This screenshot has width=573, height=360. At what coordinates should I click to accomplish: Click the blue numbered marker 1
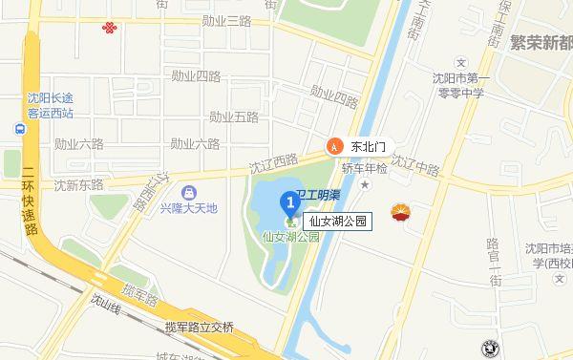pyautogui.click(x=292, y=202)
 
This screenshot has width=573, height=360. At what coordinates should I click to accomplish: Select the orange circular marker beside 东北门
pyautogui.click(x=334, y=146)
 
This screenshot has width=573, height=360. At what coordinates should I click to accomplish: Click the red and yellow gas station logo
pyautogui.click(x=398, y=214)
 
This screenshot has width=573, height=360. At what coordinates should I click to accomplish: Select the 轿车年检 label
pyautogui.click(x=365, y=168)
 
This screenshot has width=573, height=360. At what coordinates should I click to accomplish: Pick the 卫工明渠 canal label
pyautogui.click(x=317, y=195)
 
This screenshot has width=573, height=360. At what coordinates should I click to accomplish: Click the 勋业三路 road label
pyautogui.click(x=225, y=20)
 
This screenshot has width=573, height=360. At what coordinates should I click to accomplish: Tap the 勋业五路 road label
pyautogui.click(x=234, y=117)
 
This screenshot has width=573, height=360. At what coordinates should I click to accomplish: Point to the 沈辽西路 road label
pyautogui.click(x=273, y=163)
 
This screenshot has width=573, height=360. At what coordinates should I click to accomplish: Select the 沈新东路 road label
pyautogui.click(x=78, y=184)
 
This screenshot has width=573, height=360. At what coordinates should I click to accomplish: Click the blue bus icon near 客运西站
pyautogui.click(x=19, y=129)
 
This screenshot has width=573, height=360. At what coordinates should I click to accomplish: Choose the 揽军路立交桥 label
pyautogui.click(x=199, y=326)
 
